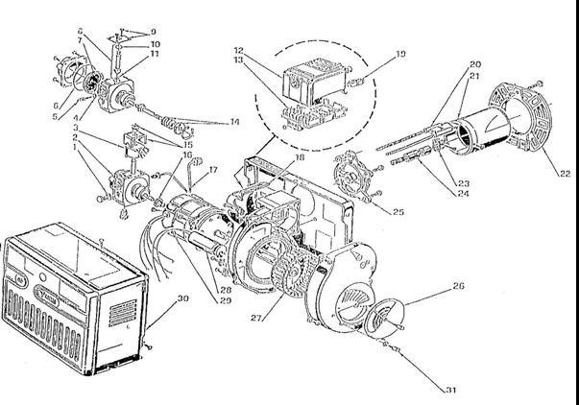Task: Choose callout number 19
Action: pos(400,55)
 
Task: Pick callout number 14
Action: pos(234,121)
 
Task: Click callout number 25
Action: pos(398,210)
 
